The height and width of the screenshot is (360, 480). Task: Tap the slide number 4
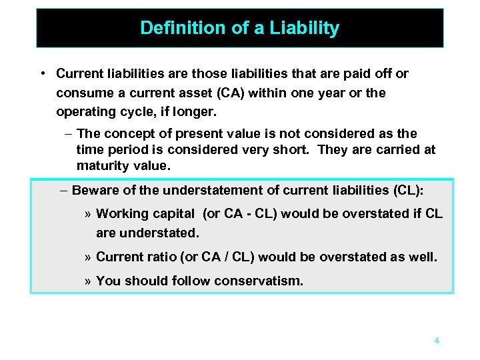coord(437,341)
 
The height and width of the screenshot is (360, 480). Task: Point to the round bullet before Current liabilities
coord(42,73)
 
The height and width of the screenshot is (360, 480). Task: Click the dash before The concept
coord(69,133)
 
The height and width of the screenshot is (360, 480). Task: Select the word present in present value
coord(201,133)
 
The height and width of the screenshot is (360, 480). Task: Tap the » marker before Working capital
coord(89,214)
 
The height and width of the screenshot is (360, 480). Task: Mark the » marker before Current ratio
coord(89,257)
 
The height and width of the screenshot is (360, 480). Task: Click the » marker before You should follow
coord(89,281)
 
